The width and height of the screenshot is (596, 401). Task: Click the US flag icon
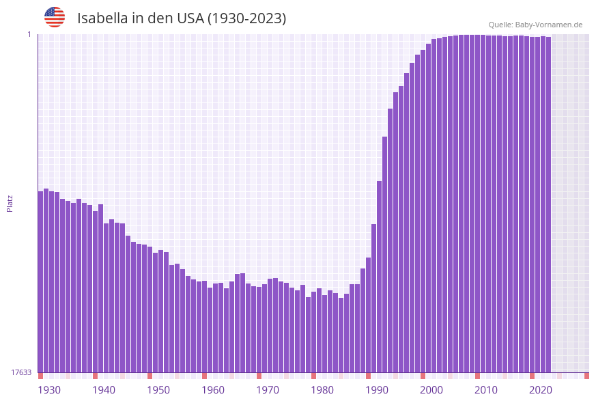55,17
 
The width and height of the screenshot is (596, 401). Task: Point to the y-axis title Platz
10,203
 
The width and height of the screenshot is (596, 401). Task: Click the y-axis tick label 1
29,34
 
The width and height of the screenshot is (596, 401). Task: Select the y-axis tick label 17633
21,372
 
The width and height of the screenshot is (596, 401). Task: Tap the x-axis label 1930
48,390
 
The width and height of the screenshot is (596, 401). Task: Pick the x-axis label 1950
158,390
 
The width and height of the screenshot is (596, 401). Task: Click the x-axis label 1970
267,390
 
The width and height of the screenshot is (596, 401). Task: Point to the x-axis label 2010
485,390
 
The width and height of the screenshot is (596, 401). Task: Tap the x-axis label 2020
540,390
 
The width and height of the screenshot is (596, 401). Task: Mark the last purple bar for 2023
548,204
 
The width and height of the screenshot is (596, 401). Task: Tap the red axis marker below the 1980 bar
314,376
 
